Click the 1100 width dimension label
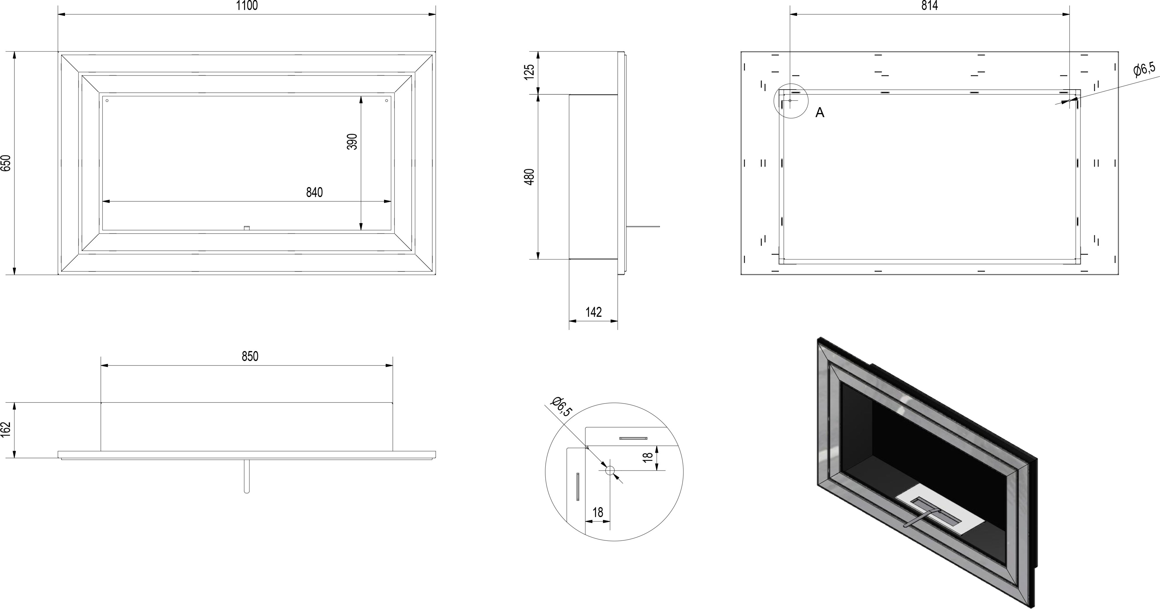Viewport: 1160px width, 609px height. pos(247,6)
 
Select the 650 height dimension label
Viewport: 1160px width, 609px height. pos(6,163)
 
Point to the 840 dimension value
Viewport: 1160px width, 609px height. pos(314,192)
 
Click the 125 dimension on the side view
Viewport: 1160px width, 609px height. pos(530,72)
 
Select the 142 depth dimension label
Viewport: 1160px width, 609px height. pos(594,312)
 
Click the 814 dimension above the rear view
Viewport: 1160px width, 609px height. pos(929,6)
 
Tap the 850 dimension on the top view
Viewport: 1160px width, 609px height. pos(250,356)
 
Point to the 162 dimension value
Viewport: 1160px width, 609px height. pos(6,430)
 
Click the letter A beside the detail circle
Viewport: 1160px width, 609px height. pos(820,113)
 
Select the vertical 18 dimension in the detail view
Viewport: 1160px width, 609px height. pos(648,457)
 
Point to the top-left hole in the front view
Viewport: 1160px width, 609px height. pos(107,100)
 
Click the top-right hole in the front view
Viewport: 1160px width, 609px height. pos(387,100)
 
